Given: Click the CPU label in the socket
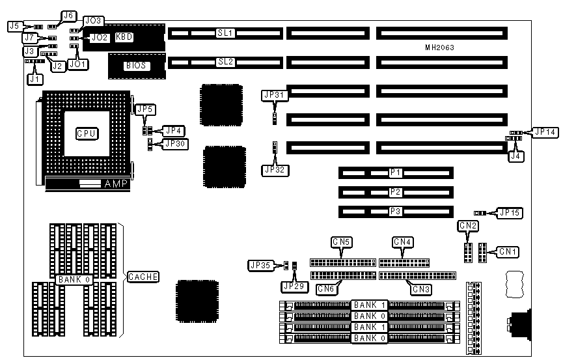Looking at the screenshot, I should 87,133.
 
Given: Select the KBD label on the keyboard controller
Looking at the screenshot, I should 124,37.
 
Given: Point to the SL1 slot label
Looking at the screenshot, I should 226,32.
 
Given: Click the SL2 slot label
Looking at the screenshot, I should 226,62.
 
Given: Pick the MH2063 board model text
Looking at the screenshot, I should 440,48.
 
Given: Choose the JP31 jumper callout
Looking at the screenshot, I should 274,95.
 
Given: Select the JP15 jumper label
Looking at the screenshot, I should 510,212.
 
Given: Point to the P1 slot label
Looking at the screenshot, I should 395,173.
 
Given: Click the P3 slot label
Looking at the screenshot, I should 395,211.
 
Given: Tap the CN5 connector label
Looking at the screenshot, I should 342,242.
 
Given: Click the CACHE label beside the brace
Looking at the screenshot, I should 143,277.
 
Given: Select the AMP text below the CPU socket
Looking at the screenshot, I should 117,184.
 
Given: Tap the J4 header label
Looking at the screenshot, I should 515,156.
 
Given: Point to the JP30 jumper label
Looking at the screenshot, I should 174,143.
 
